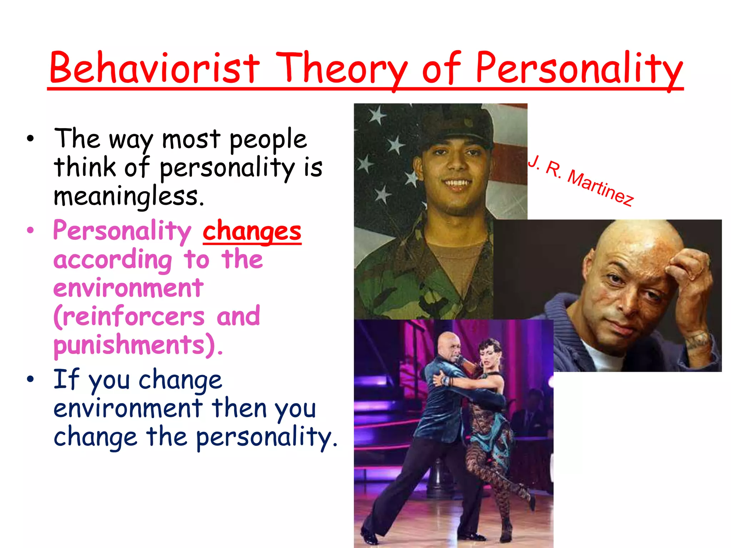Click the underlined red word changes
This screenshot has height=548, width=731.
252,232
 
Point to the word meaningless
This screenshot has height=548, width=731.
129,197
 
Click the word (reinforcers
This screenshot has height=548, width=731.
129,316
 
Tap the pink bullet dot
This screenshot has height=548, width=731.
30,230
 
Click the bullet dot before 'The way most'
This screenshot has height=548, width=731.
30,139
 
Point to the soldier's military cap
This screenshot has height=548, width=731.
453,125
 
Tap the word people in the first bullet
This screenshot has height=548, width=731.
268,139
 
